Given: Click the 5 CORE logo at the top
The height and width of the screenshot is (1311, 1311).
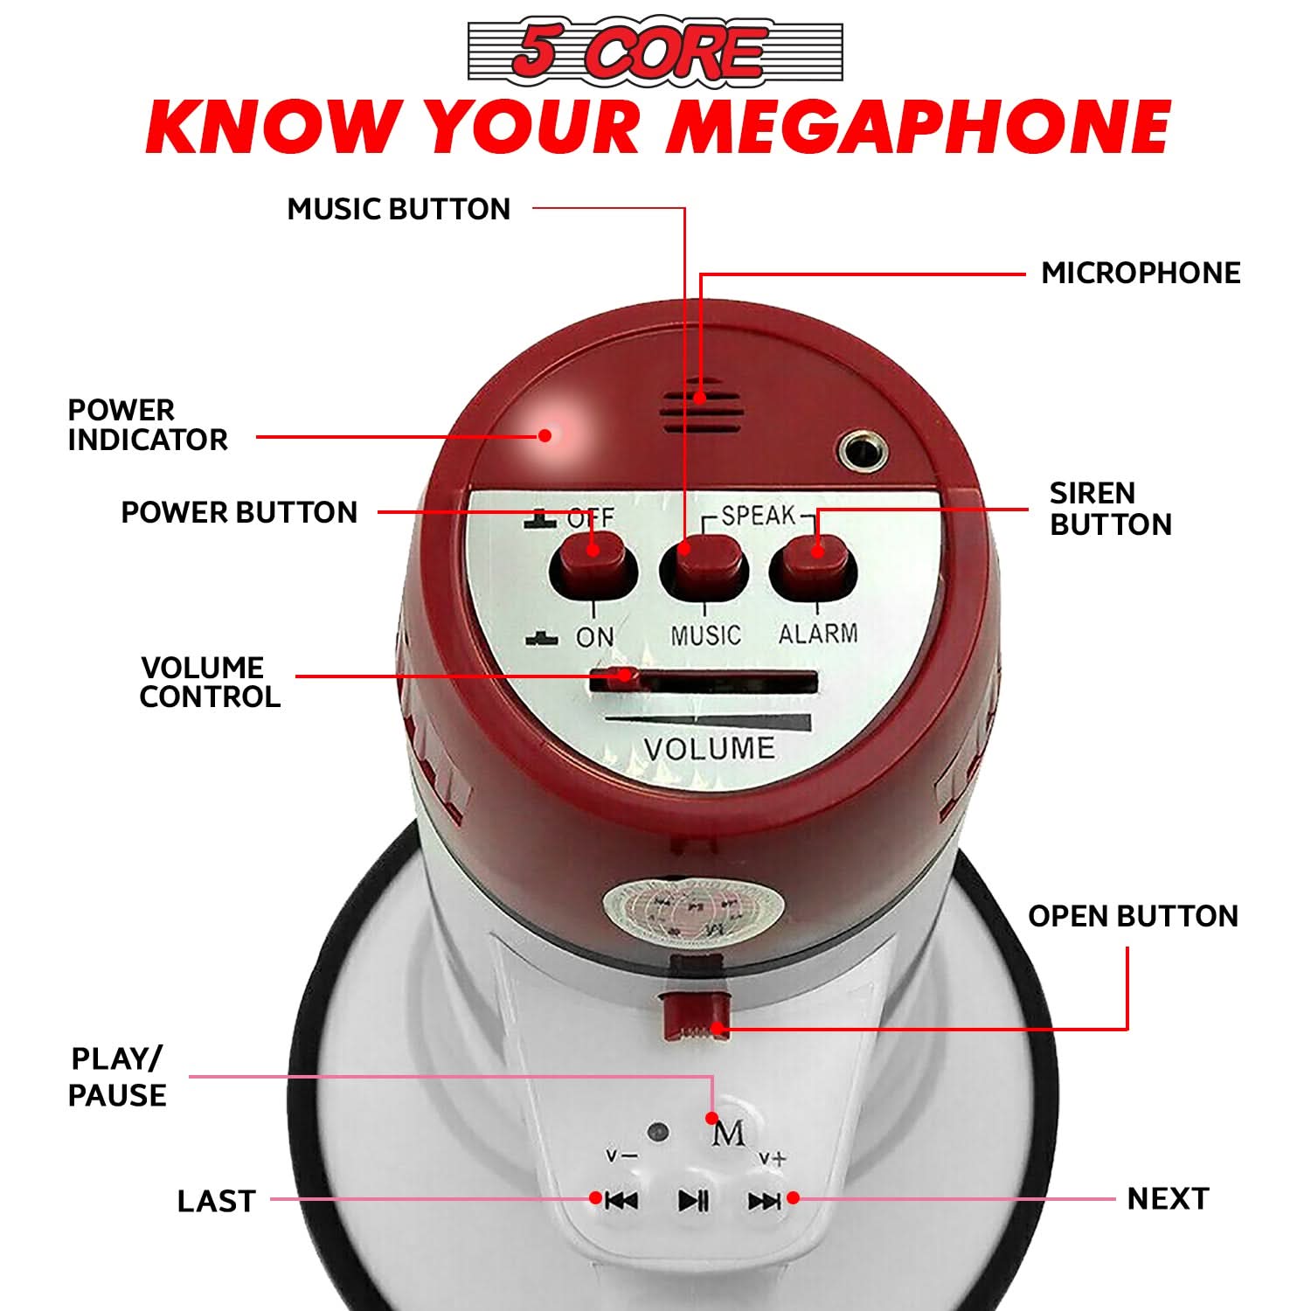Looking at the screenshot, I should (655, 51).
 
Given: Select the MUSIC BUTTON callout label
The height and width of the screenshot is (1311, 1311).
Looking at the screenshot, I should (399, 209).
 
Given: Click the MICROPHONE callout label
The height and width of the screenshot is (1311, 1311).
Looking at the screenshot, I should (1141, 273).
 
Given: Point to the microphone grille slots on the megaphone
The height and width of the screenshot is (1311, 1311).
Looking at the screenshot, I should (702, 407).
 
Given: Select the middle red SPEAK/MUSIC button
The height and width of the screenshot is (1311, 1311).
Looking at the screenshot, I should (704, 566).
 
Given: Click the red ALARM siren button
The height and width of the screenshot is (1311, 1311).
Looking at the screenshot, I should (814, 565).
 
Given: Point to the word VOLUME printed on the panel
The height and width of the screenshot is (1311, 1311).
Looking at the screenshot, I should (709, 749).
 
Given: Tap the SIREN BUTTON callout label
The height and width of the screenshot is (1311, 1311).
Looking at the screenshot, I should (1110, 509).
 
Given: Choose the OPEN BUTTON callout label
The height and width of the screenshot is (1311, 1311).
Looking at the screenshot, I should (1133, 916).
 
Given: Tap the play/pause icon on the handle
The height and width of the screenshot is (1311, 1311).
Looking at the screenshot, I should (694, 1200).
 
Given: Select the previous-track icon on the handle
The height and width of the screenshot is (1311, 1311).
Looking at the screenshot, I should (621, 1200).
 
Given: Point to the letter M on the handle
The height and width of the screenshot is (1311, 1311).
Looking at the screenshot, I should (729, 1134).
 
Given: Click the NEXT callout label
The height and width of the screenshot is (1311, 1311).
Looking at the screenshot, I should (1168, 1198).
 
